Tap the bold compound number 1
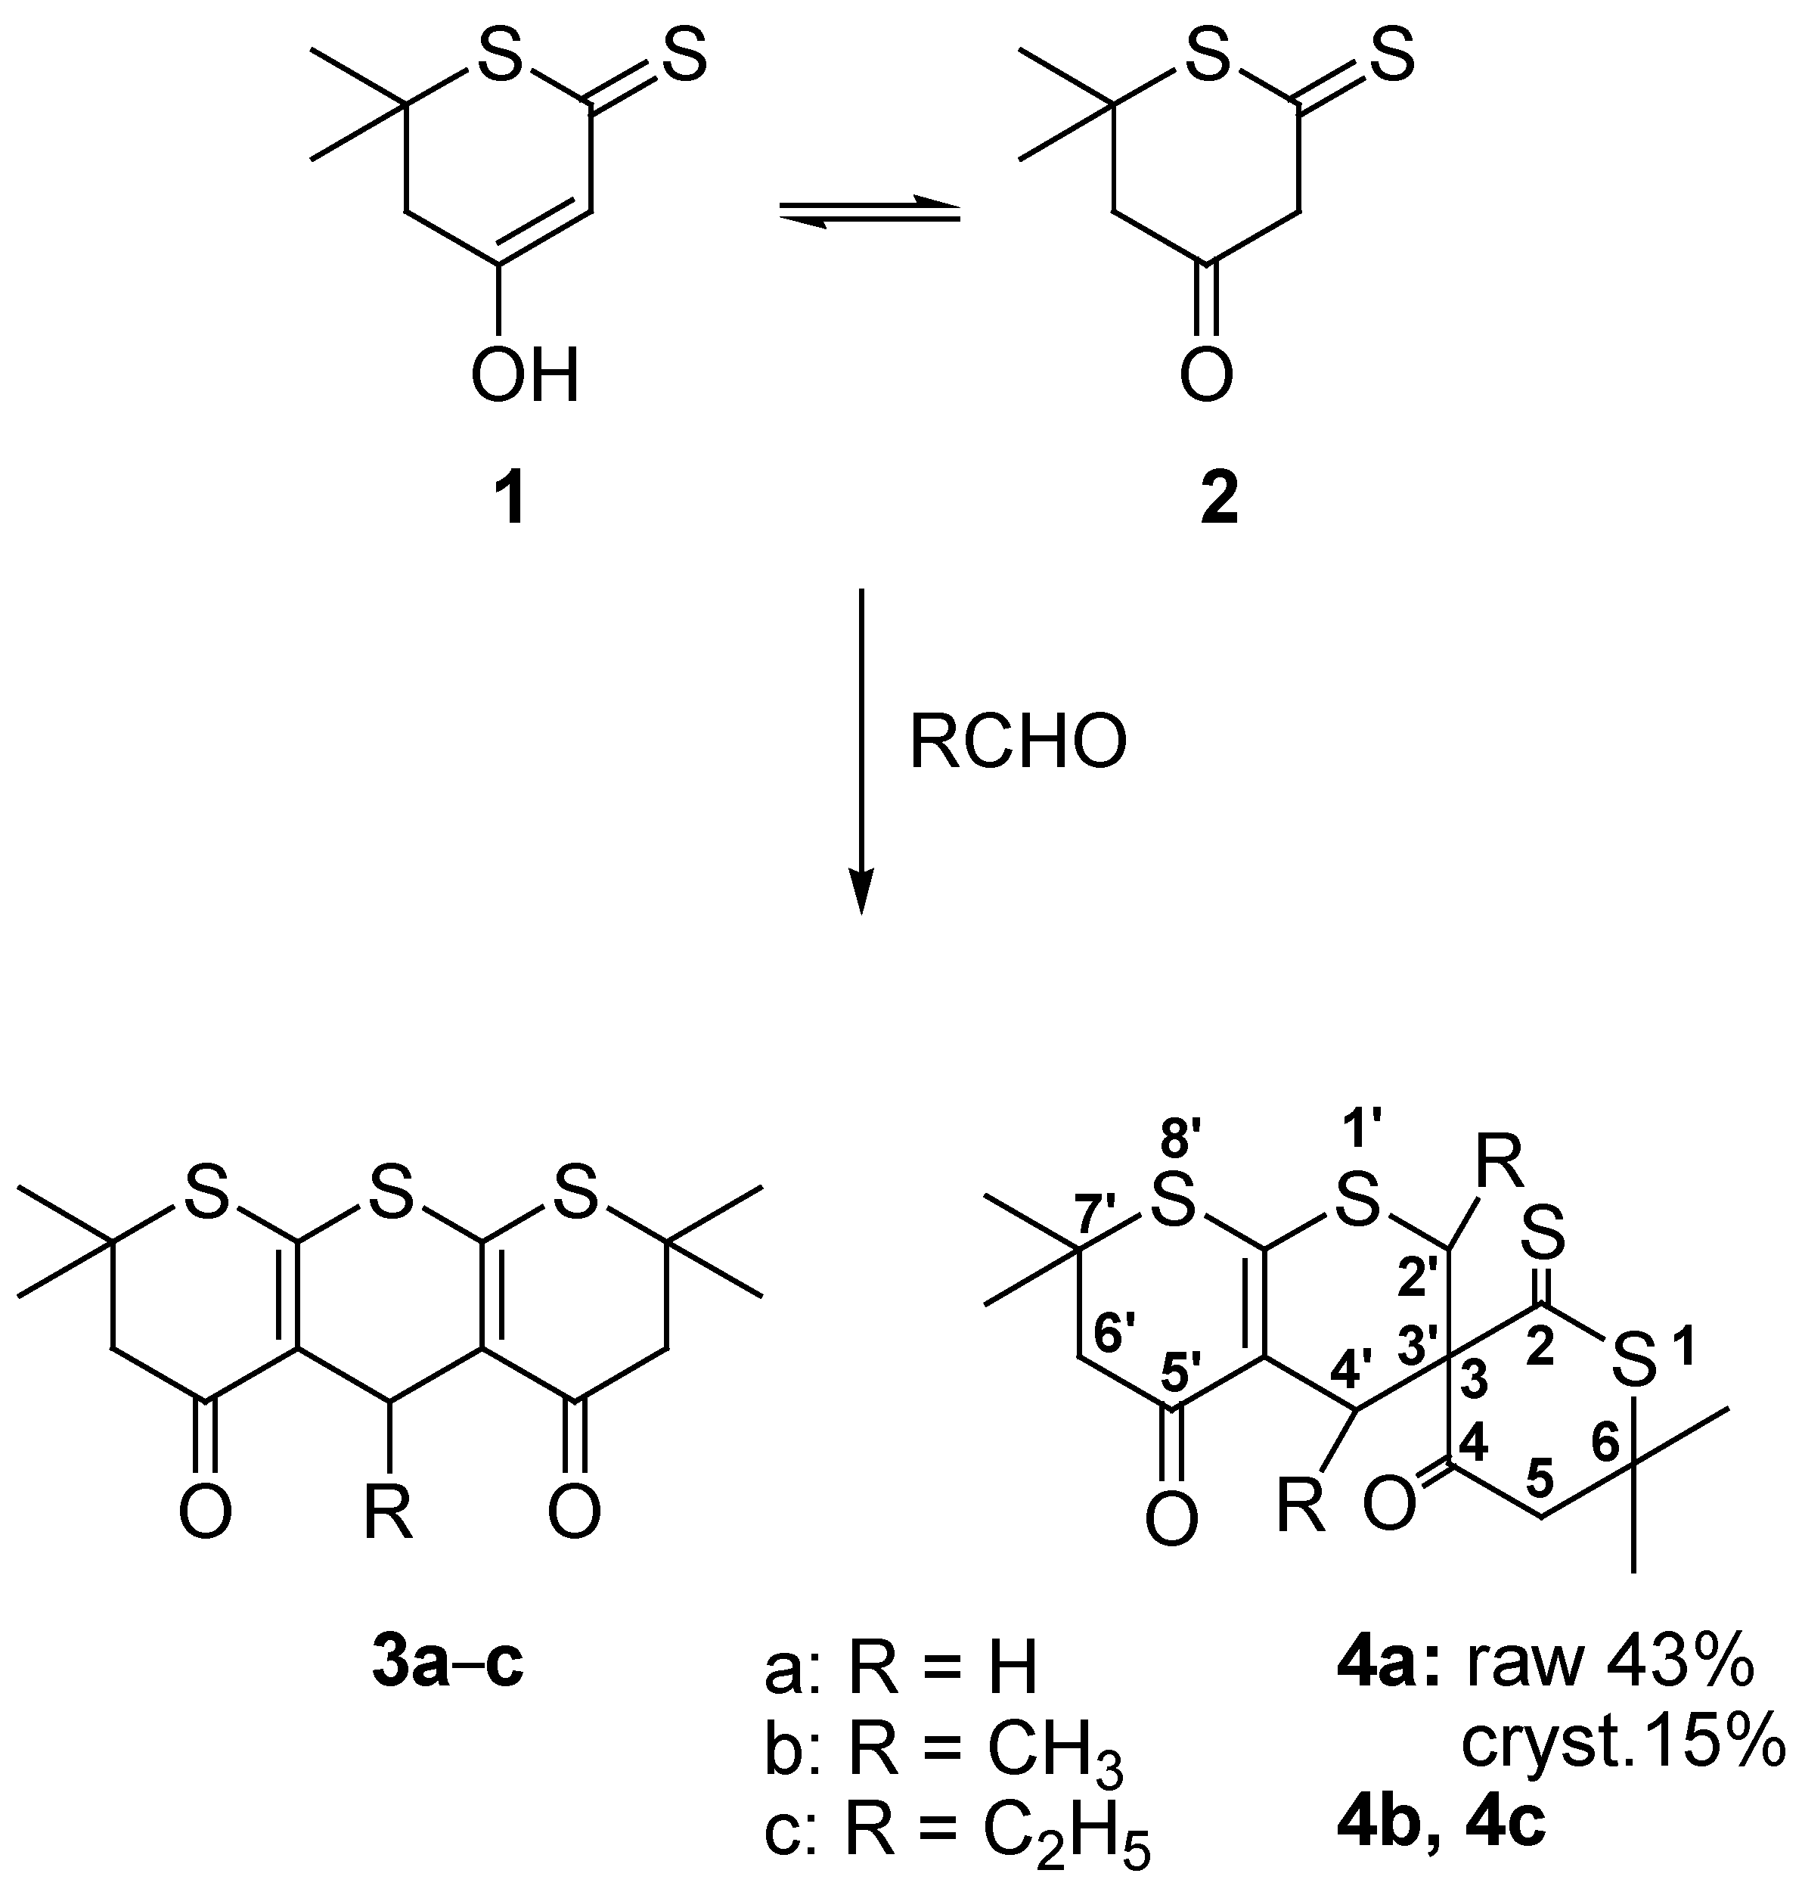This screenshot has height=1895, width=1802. click(508, 501)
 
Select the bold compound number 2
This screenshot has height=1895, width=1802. click(1219, 501)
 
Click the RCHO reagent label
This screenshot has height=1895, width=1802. click(1018, 744)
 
